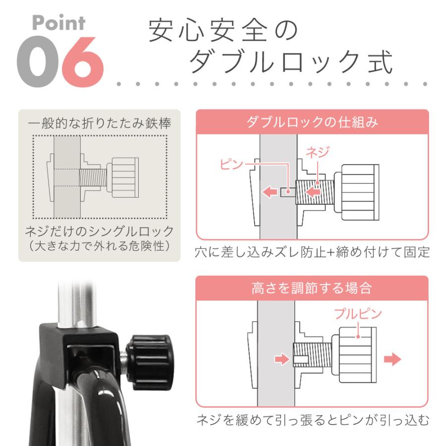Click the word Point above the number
tap(59, 23)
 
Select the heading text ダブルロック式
tap(291, 63)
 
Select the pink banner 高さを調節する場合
tap(312, 288)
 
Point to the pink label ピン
tap(231, 164)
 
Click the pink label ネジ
tap(317, 152)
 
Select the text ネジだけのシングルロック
tap(100, 231)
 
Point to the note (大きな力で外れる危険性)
tap(100, 245)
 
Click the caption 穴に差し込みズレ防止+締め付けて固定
tap(312, 252)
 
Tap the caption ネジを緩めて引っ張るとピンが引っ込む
tap(312, 421)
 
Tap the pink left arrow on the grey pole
tap(270, 191)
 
